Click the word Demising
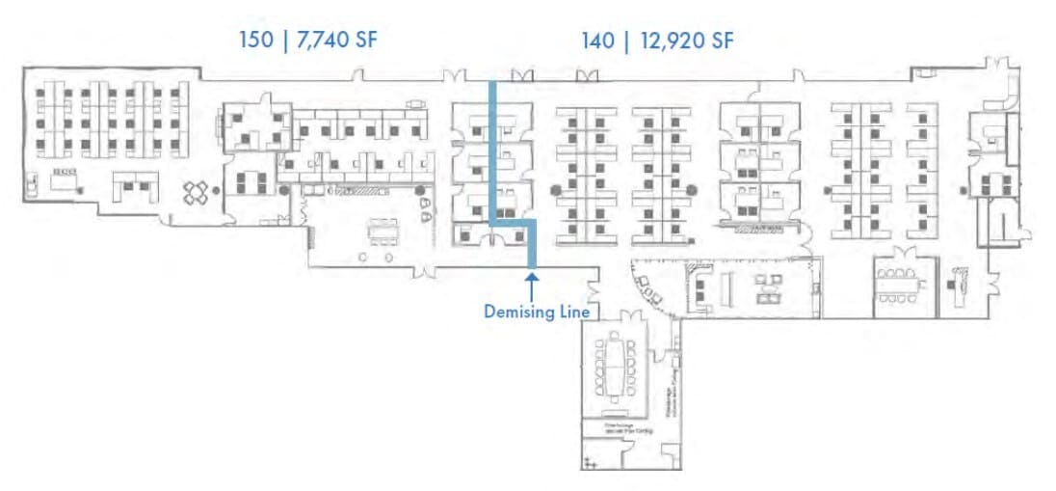(x=519, y=312)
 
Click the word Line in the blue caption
(x=574, y=312)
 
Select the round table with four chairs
(x=198, y=193)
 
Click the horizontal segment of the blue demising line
(x=514, y=223)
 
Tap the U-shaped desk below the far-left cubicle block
(x=134, y=184)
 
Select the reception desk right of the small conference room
(x=960, y=278)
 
